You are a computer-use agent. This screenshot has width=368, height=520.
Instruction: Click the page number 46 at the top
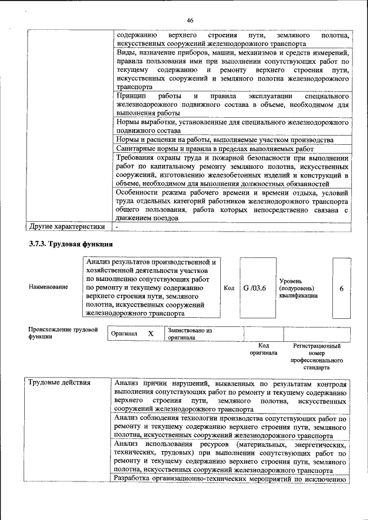[x=190, y=21]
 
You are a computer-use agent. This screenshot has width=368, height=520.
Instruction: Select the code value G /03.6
[x=254, y=288]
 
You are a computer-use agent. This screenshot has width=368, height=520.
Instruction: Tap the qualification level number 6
[x=342, y=288]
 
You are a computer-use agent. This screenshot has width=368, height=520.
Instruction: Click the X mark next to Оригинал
[x=151, y=334]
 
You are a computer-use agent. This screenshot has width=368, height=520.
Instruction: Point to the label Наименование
[x=48, y=287]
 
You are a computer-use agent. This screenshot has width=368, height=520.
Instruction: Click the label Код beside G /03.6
[x=229, y=288]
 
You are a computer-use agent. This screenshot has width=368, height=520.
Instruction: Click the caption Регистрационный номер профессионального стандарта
[x=316, y=356]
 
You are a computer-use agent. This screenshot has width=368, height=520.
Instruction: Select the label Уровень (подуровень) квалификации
[x=297, y=287]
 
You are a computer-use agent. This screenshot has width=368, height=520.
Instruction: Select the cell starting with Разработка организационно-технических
[x=230, y=479]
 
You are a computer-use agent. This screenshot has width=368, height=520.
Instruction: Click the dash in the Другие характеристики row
[x=117, y=226]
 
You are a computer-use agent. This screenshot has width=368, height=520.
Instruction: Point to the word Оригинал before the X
[x=124, y=334]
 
